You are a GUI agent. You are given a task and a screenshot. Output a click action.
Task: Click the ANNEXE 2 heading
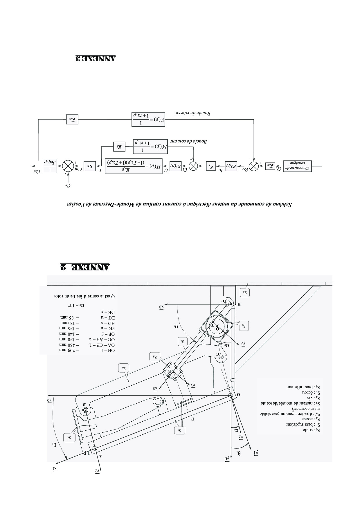pos(85,266)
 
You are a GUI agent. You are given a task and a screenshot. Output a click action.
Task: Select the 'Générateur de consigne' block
pos(297,166)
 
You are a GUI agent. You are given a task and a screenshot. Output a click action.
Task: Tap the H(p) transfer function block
pos(134,166)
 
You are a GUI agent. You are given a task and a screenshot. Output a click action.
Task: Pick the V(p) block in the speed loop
pos(148,119)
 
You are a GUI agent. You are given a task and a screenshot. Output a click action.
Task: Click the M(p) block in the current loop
pos(150,147)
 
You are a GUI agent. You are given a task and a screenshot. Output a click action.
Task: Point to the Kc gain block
pos(90,166)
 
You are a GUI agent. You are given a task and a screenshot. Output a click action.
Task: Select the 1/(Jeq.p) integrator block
pos(50,166)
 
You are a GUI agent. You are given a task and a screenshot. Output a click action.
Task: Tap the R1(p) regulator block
pos(175,166)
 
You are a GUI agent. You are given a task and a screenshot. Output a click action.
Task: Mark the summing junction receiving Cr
pos(68,166)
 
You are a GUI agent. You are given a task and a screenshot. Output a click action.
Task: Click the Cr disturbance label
pos(68,185)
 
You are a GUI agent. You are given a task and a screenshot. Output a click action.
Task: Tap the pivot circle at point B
pos(85,410)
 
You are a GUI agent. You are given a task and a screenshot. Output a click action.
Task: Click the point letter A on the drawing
pos(100,456)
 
